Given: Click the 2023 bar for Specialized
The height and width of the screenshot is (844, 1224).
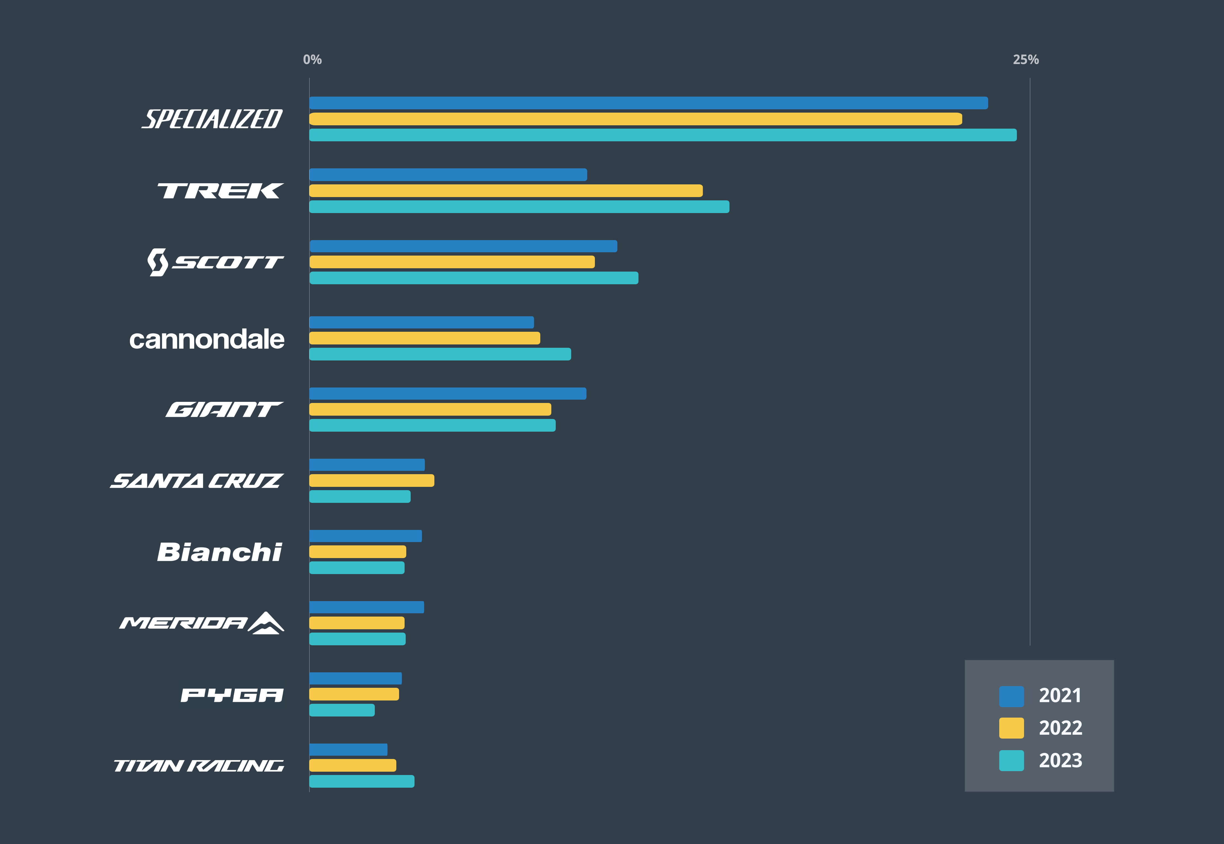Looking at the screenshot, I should click(x=663, y=135).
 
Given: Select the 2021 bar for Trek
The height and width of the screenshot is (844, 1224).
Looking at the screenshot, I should click(x=448, y=174).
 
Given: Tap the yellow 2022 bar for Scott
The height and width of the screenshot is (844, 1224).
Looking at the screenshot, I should click(x=452, y=262).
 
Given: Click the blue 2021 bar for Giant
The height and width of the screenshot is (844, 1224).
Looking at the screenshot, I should click(x=448, y=394).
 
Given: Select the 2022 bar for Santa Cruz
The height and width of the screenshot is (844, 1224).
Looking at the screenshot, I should click(x=372, y=480).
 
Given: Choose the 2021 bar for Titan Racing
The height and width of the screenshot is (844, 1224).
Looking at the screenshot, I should click(x=348, y=749).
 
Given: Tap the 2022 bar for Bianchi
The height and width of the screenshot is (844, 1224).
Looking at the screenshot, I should click(x=358, y=551).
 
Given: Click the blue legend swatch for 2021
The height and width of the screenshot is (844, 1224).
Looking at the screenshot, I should click(x=1011, y=696).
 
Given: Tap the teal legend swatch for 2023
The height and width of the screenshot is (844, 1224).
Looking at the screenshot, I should click(x=1011, y=760).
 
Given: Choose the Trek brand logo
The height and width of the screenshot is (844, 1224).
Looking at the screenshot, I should click(x=220, y=191).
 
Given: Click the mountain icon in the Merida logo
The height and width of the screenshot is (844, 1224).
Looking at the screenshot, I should click(x=267, y=623).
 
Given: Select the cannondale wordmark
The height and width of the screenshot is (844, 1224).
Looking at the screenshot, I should click(x=207, y=339).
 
